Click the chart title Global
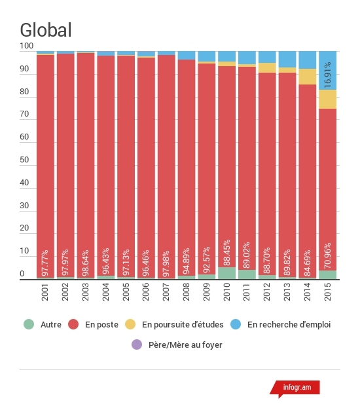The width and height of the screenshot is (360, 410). click(x=46, y=30)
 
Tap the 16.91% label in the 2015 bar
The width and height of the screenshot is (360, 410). click(x=327, y=75)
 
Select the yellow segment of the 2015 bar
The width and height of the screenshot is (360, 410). click(x=328, y=100)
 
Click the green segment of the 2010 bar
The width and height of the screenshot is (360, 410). click(x=226, y=273)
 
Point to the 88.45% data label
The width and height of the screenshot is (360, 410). click(x=226, y=252)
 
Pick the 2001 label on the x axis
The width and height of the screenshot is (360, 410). click(x=45, y=292)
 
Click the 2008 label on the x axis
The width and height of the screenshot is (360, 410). click(x=186, y=292)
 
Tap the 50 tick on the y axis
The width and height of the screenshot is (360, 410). click(x=24, y=160)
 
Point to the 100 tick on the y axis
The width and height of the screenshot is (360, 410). click(x=27, y=46)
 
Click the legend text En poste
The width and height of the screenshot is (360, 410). click(x=101, y=324)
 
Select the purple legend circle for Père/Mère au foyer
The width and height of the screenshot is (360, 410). click(x=137, y=345)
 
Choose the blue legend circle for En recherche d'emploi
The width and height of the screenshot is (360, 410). click(x=236, y=324)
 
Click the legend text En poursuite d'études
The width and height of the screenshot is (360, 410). click(x=183, y=324)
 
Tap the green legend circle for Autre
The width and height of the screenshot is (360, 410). click(x=29, y=324)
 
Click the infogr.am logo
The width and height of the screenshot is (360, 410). click(x=295, y=388)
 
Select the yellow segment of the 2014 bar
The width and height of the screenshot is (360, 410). click(x=308, y=77)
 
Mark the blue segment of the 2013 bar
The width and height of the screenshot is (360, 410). click(x=287, y=60)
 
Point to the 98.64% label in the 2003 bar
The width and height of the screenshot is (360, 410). click(x=86, y=263)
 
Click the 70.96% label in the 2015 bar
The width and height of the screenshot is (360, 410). click(x=327, y=256)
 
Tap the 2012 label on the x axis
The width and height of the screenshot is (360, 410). click(x=267, y=292)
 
